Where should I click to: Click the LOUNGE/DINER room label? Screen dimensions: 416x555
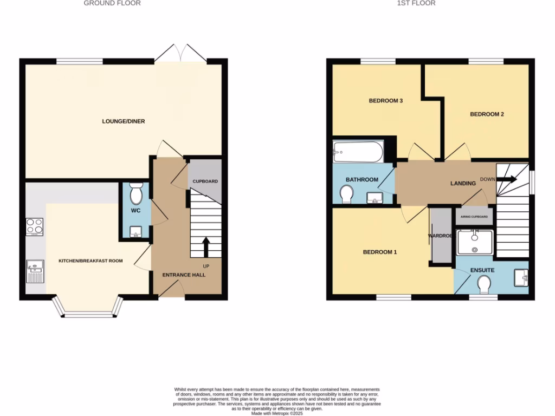(x=124, y=121)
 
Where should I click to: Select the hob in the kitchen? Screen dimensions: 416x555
(x=34, y=226)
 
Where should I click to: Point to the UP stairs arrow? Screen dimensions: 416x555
(x=206, y=247)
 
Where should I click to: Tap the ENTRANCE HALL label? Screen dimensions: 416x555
(x=184, y=275)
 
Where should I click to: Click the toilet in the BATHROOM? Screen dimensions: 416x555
(x=346, y=193)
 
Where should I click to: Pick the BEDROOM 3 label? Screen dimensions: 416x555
(x=385, y=101)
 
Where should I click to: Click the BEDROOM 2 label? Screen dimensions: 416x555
(x=487, y=114)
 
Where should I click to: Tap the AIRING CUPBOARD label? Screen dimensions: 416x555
(x=474, y=217)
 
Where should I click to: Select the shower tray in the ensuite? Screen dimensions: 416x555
(x=475, y=242)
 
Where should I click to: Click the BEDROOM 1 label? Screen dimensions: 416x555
(x=380, y=252)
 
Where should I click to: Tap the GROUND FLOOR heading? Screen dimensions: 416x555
(x=112, y=3)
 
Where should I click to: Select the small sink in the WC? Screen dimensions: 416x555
(x=135, y=234)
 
